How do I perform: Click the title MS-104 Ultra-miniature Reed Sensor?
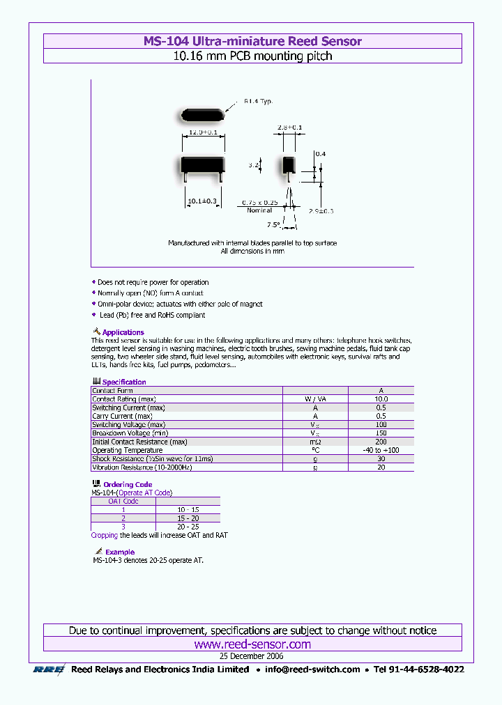tap(252, 41)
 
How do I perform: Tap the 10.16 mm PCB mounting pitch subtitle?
tap(252, 56)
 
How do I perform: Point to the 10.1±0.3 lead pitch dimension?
tap(202, 201)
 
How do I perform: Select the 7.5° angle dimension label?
tap(273, 224)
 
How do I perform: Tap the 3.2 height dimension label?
tap(254, 166)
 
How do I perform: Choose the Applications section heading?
tap(123, 332)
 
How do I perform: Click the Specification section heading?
tap(124, 382)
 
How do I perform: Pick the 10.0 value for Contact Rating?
tap(381, 399)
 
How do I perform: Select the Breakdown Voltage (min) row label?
tap(130, 433)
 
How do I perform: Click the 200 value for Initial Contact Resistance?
tap(381, 442)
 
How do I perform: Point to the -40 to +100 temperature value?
tap(381, 450)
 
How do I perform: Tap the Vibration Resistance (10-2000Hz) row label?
tap(142, 467)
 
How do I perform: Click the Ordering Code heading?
tap(128, 484)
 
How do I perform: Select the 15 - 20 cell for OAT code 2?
tap(187, 518)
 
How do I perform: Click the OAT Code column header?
tap(123, 501)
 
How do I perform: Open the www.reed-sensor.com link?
tap(252, 644)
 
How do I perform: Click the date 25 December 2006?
tap(252, 656)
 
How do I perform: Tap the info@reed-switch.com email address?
tap(312, 669)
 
